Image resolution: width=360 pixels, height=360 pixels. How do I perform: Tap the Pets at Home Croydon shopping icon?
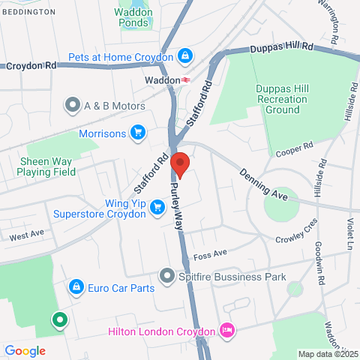click(184, 56)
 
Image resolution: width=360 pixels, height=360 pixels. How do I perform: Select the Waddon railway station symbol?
click(184, 79)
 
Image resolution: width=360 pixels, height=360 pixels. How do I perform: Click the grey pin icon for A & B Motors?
click(73, 104)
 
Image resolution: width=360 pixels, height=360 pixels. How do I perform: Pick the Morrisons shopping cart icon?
click(137, 133)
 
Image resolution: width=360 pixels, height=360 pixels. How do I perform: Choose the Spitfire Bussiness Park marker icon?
click(166, 276)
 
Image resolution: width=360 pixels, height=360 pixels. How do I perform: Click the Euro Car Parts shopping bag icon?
click(76, 287)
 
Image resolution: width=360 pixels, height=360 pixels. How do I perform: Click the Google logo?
click(25, 350)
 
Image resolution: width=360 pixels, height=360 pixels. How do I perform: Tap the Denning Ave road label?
click(264, 184)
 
